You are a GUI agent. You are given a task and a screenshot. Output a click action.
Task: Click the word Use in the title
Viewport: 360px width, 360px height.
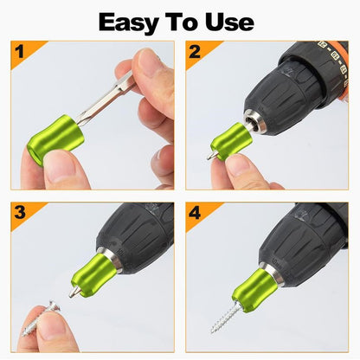228,21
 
